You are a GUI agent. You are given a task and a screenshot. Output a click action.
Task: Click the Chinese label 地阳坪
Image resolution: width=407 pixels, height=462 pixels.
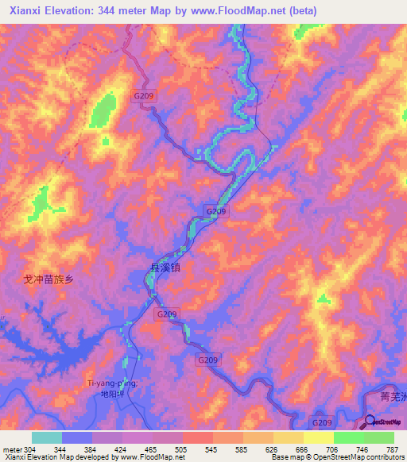tap(114, 394)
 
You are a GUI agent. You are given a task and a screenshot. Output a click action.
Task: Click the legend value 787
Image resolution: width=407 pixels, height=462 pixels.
tap(393, 449)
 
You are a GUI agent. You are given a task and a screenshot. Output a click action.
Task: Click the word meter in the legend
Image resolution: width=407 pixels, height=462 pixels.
tap(12, 449)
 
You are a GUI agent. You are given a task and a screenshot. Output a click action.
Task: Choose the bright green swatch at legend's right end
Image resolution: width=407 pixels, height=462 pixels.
tap(379, 437)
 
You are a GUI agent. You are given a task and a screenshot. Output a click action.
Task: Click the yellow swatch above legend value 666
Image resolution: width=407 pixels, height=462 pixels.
tap(289, 437)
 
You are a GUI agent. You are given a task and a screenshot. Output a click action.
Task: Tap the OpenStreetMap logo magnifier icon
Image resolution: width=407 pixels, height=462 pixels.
tap(369, 421)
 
